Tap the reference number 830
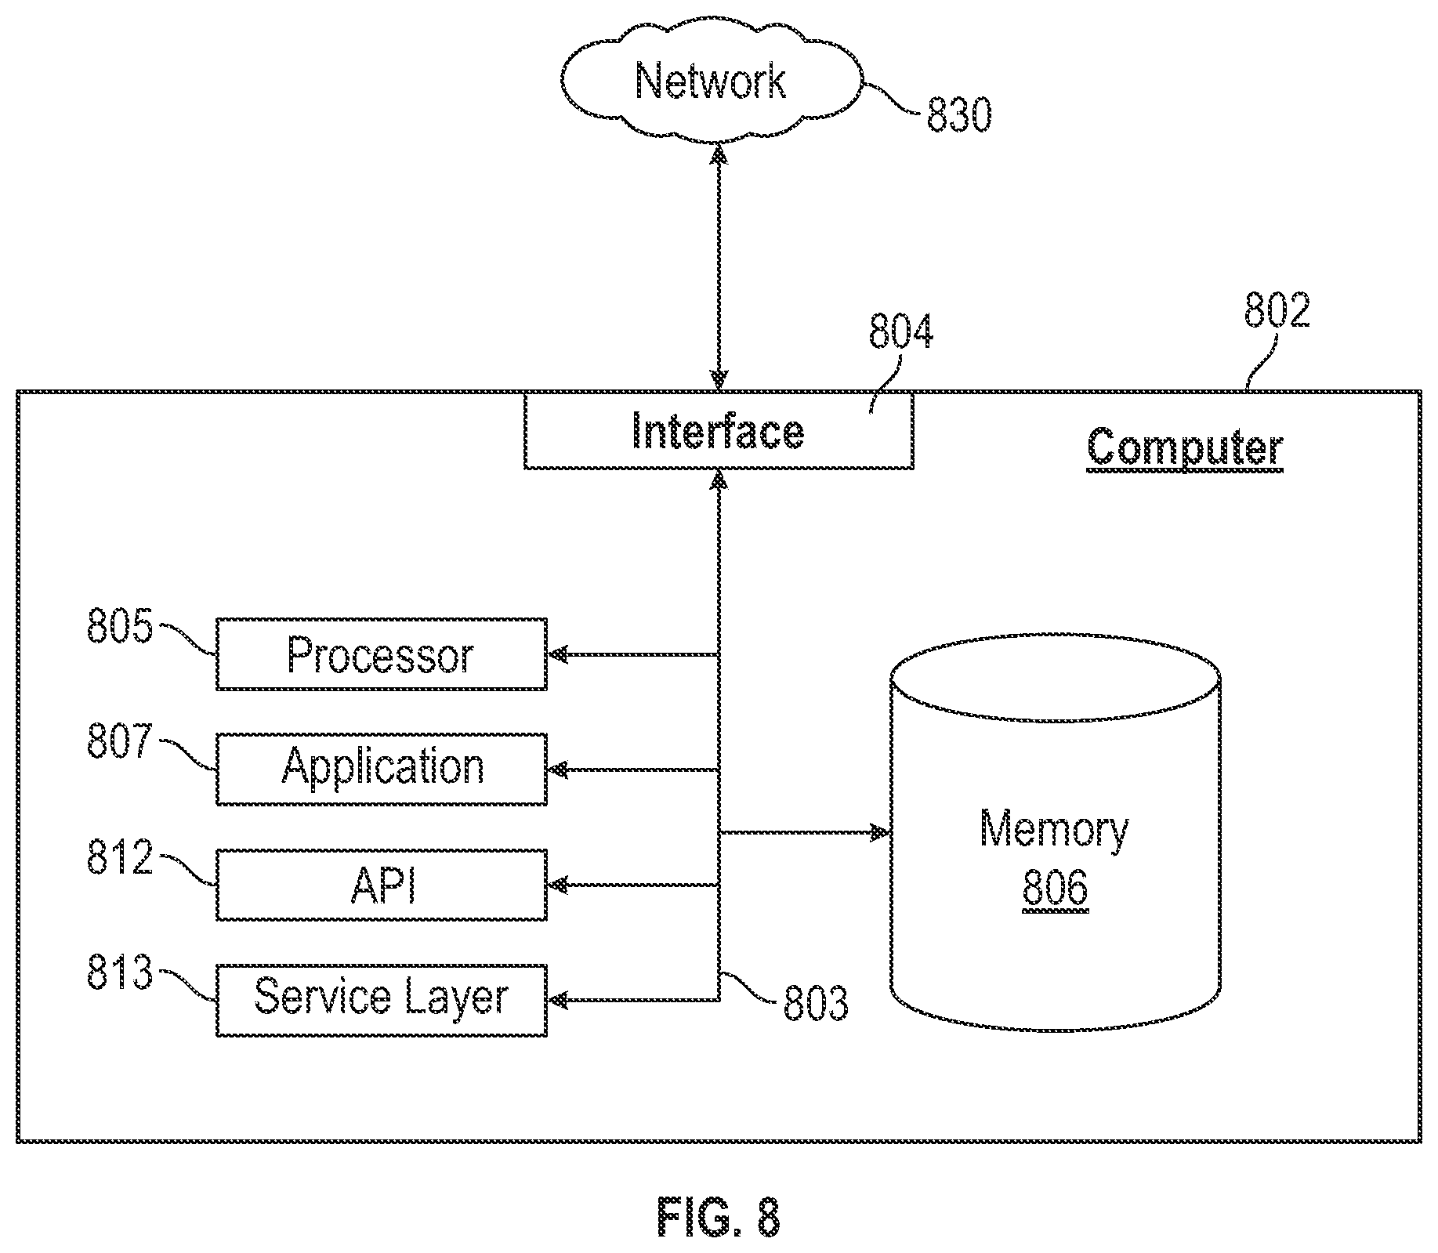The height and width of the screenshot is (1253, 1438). click(959, 115)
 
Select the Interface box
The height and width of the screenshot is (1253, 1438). click(719, 432)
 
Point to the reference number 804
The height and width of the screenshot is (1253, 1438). click(900, 331)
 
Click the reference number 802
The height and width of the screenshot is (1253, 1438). click(1277, 311)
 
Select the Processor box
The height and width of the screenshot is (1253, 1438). click(382, 654)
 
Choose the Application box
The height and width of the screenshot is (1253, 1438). click(382, 770)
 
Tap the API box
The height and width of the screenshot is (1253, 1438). click(382, 885)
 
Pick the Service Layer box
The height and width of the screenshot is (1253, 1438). click(382, 1000)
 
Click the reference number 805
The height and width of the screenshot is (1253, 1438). click(119, 627)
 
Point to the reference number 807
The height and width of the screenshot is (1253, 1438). click(119, 741)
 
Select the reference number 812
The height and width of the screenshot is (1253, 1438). click(119, 858)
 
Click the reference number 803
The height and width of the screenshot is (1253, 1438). click(816, 1004)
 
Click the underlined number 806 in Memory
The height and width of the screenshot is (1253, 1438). click(1055, 889)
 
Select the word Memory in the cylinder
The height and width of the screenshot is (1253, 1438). click(1055, 830)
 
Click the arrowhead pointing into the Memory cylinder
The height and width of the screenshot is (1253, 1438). click(881, 832)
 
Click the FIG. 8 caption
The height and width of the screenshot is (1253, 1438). click(719, 1216)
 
